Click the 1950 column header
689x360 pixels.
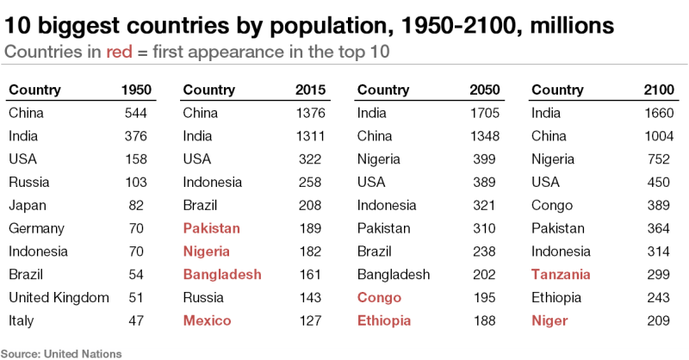tap(135, 90)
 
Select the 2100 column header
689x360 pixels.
tap(659, 90)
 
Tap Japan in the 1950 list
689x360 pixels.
tap(28, 205)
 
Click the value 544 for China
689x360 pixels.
tap(136, 113)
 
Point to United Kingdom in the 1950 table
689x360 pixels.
tap(59, 298)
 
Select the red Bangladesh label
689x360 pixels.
tap(222, 275)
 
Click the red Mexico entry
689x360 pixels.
tap(208, 321)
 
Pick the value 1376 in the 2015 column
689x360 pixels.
tap(309, 113)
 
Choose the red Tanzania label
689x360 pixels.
tap(562, 275)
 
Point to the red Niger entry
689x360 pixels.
tap(550, 321)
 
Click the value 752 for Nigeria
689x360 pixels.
tap(661, 158)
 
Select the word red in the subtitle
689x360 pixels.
tap(118, 51)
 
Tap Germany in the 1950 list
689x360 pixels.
tap(37, 228)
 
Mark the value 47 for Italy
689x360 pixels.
tap(140, 321)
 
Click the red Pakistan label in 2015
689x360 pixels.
tap(212, 228)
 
